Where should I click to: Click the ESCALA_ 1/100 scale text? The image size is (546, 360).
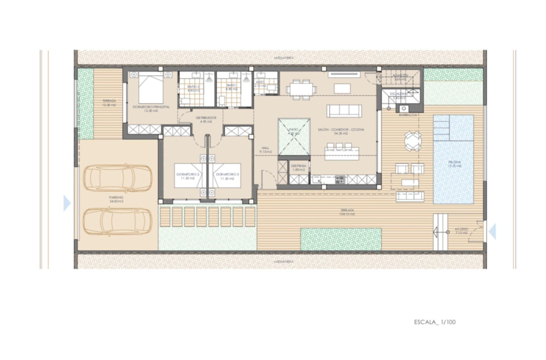point(435,322)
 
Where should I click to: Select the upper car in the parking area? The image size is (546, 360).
point(118,178)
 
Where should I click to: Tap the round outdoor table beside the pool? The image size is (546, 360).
point(413,141)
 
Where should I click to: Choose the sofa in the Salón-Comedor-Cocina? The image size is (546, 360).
point(344,111)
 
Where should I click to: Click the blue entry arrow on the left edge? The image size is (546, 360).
point(67,203)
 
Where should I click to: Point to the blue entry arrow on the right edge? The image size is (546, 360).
point(492,232)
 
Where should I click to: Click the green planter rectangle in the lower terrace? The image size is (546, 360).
point(341,239)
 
